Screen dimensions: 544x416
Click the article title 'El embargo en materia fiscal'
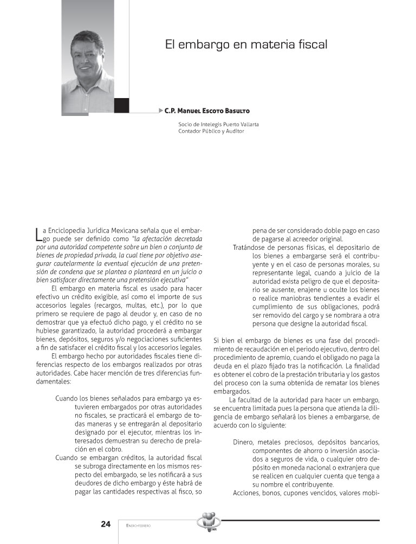246,44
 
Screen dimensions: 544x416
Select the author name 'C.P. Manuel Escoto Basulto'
207,111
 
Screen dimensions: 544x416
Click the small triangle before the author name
161,111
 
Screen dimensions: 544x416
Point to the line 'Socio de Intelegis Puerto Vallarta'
218,124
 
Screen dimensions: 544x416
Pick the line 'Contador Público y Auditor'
211,131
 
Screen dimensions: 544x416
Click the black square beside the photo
121,105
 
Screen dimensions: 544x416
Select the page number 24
106,524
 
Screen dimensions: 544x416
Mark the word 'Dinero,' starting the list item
246,441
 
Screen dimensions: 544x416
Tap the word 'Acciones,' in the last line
249,493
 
